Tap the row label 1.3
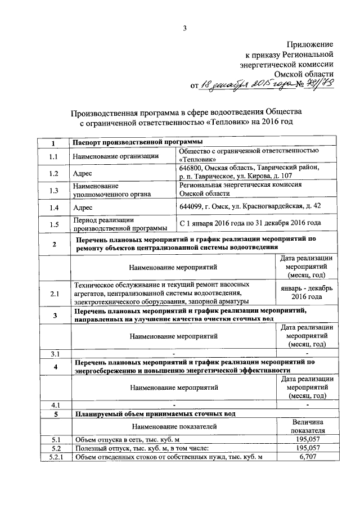point(54,190)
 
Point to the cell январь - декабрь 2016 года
point(307,292)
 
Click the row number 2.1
point(54,293)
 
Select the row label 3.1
point(54,354)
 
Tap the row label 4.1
point(54,404)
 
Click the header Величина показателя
point(307,426)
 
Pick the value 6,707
point(307,457)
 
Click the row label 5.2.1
point(54,457)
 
